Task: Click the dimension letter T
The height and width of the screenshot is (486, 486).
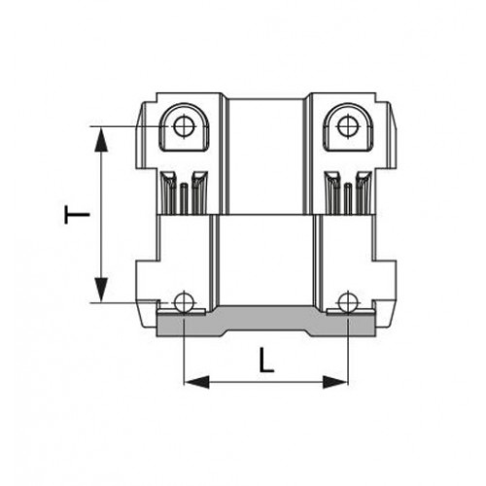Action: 77,215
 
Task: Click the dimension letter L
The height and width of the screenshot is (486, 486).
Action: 266,360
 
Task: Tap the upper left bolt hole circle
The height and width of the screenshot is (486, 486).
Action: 185,126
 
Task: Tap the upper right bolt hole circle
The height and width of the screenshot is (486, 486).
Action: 348,126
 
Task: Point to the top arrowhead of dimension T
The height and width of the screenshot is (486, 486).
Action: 101,139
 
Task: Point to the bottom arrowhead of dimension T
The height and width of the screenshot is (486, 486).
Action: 101,290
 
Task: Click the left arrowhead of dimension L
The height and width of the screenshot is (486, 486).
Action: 196,382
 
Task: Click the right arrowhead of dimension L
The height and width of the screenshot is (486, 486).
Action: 335,382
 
